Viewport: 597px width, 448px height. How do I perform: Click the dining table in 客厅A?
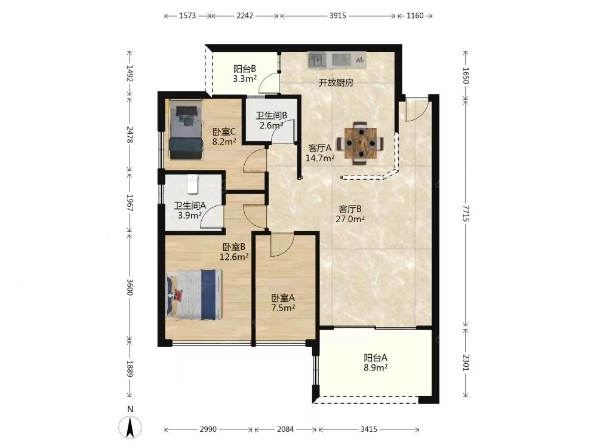(x=360, y=143)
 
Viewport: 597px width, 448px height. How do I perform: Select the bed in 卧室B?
(x=194, y=294)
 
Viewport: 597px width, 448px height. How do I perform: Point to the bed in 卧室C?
(x=186, y=130)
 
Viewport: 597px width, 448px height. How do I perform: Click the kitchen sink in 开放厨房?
(x=317, y=60)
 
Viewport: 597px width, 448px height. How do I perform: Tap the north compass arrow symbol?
(x=130, y=428)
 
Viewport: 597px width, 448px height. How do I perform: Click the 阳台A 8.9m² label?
(x=376, y=363)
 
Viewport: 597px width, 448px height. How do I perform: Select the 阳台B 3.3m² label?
(x=244, y=74)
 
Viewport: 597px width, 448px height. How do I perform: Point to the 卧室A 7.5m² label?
(x=283, y=303)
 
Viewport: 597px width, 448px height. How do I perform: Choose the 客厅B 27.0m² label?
(x=350, y=214)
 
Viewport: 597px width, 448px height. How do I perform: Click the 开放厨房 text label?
(x=336, y=82)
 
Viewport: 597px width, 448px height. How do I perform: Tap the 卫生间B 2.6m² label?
(x=271, y=121)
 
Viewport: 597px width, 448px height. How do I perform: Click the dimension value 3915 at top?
(x=338, y=16)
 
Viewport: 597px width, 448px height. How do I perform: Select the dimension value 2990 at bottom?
(x=208, y=429)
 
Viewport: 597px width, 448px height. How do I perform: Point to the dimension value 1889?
(x=130, y=369)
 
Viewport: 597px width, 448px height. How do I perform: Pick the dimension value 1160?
(x=415, y=16)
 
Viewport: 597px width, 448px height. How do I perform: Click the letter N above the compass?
(x=130, y=410)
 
